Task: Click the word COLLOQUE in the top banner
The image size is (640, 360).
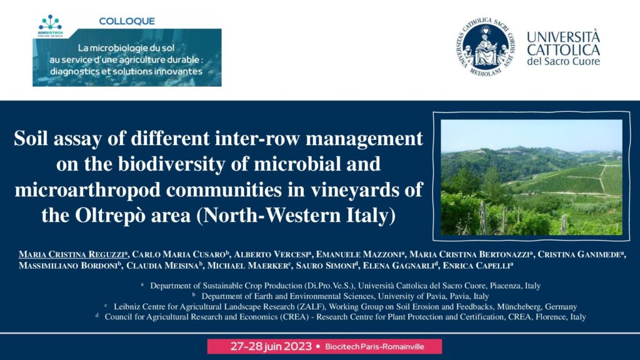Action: point(127,21)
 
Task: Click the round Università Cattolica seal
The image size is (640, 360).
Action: point(484,47)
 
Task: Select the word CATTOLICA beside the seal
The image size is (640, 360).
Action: point(563,50)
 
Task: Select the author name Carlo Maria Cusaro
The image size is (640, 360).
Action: point(179,254)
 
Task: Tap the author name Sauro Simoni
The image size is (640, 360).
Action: point(324,266)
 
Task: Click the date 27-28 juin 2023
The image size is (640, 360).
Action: point(271,346)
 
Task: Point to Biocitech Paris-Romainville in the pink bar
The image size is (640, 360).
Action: point(375,347)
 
